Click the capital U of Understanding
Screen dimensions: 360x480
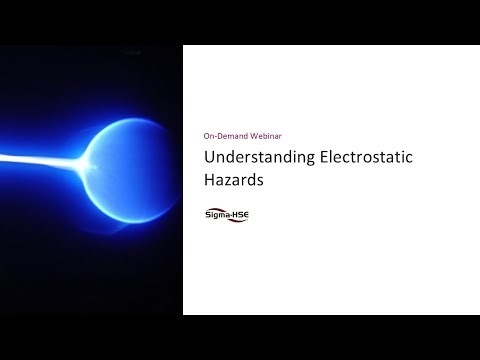click(x=209, y=158)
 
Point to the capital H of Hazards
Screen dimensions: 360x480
click(x=209, y=182)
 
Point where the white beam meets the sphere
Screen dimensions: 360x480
click(x=88, y=159)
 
